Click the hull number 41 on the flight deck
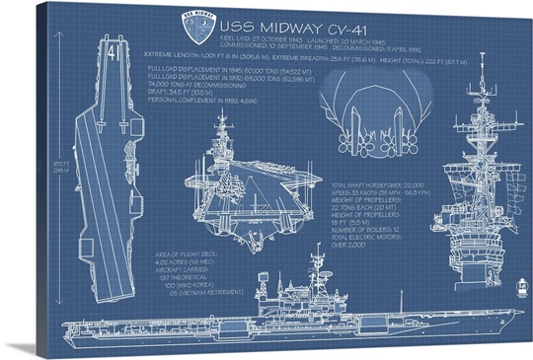tap(113, 47)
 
